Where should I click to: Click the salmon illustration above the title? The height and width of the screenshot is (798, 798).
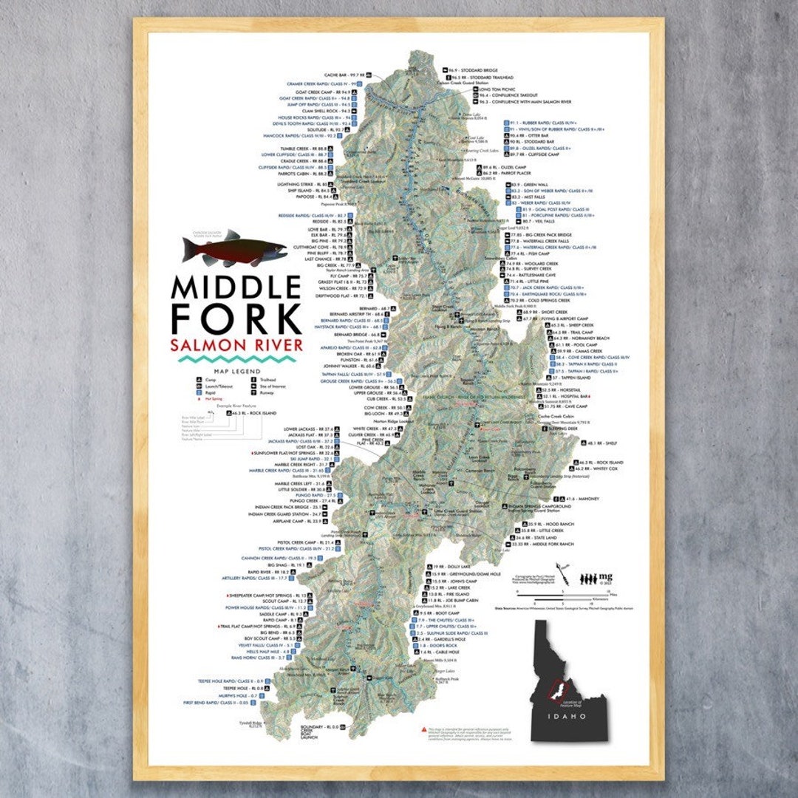235,250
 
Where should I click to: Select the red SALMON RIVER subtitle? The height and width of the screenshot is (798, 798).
236,345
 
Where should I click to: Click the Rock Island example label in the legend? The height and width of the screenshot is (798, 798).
256,413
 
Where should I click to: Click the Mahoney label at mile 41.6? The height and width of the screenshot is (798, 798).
584,499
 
